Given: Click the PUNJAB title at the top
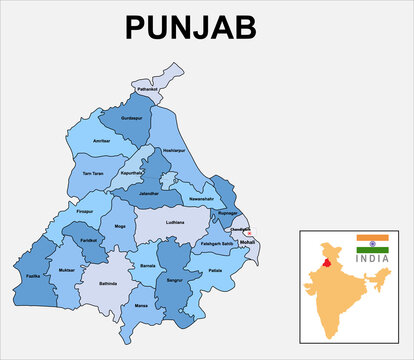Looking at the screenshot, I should pos(206,28).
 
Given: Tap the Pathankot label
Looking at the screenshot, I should pos(148,90).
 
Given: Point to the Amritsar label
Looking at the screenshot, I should pos(102,142).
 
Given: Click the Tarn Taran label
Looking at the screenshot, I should pos(92,174).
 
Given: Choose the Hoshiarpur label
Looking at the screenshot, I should pos(174,150).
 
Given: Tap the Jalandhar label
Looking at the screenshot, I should pos(153,192).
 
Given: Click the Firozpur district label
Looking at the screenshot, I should pos(84,211).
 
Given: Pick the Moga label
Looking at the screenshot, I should pos(121,227).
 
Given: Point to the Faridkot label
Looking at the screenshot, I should pos(89,242).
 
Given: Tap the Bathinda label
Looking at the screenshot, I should pos(108,284).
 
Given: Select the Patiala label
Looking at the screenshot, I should pos(215,271).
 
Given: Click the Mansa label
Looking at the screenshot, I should pos(141,303).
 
